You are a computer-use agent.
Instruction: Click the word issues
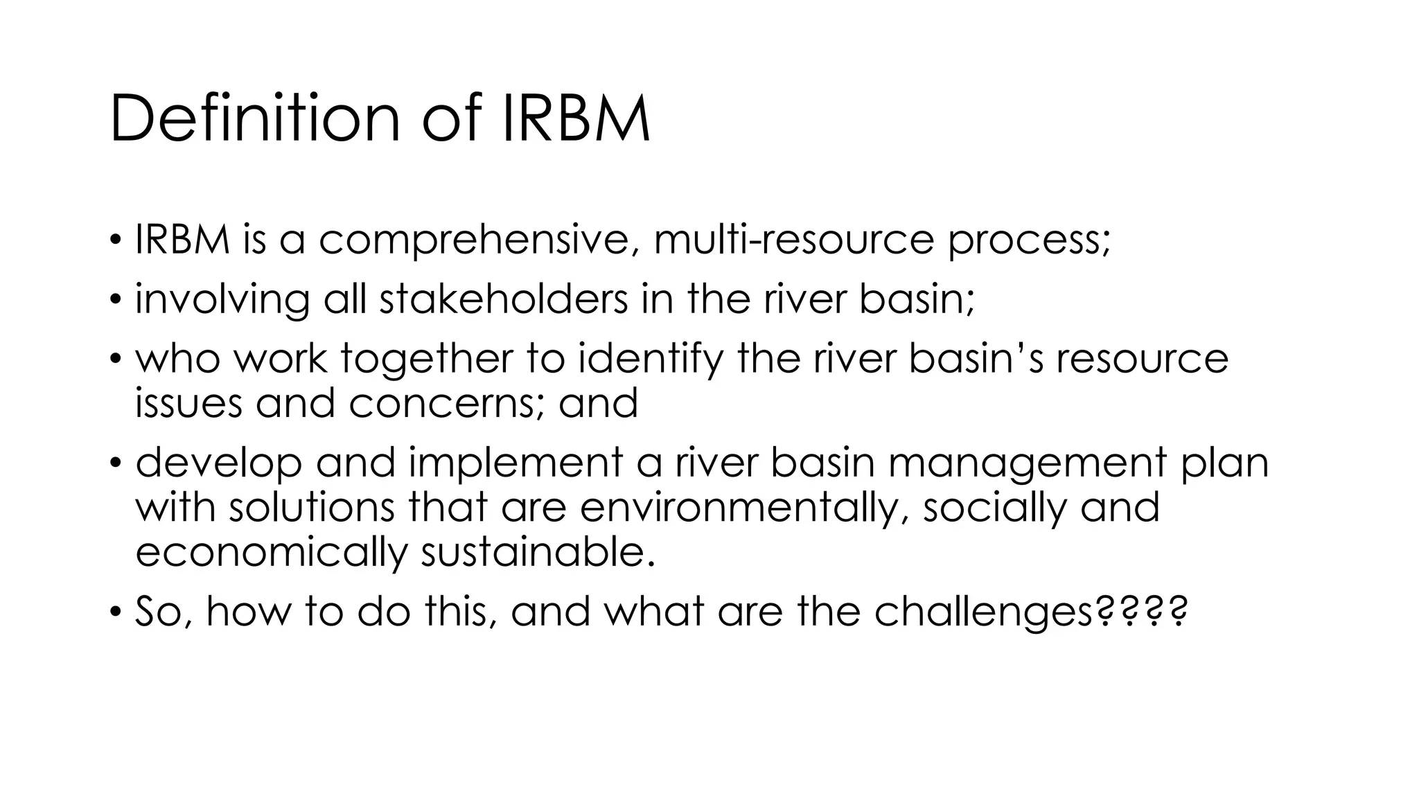[x=188, y=403]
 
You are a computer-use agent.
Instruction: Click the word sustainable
[x=537, y=552]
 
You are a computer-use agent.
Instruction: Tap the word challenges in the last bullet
[x=984, y=612]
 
